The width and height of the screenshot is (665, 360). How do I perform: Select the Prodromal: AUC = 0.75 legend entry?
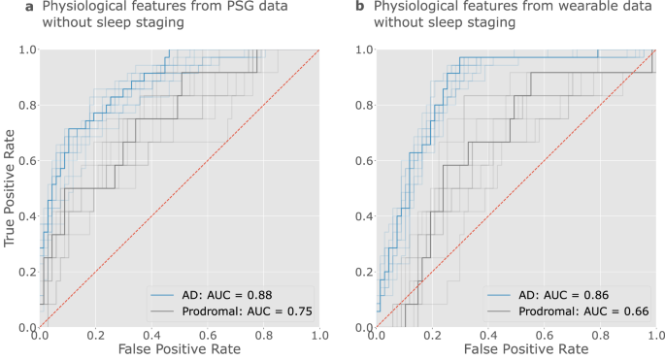(231, 311)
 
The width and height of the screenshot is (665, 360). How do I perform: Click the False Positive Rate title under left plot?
(180, 349)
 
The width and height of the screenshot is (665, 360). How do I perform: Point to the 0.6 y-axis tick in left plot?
(27, 160)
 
